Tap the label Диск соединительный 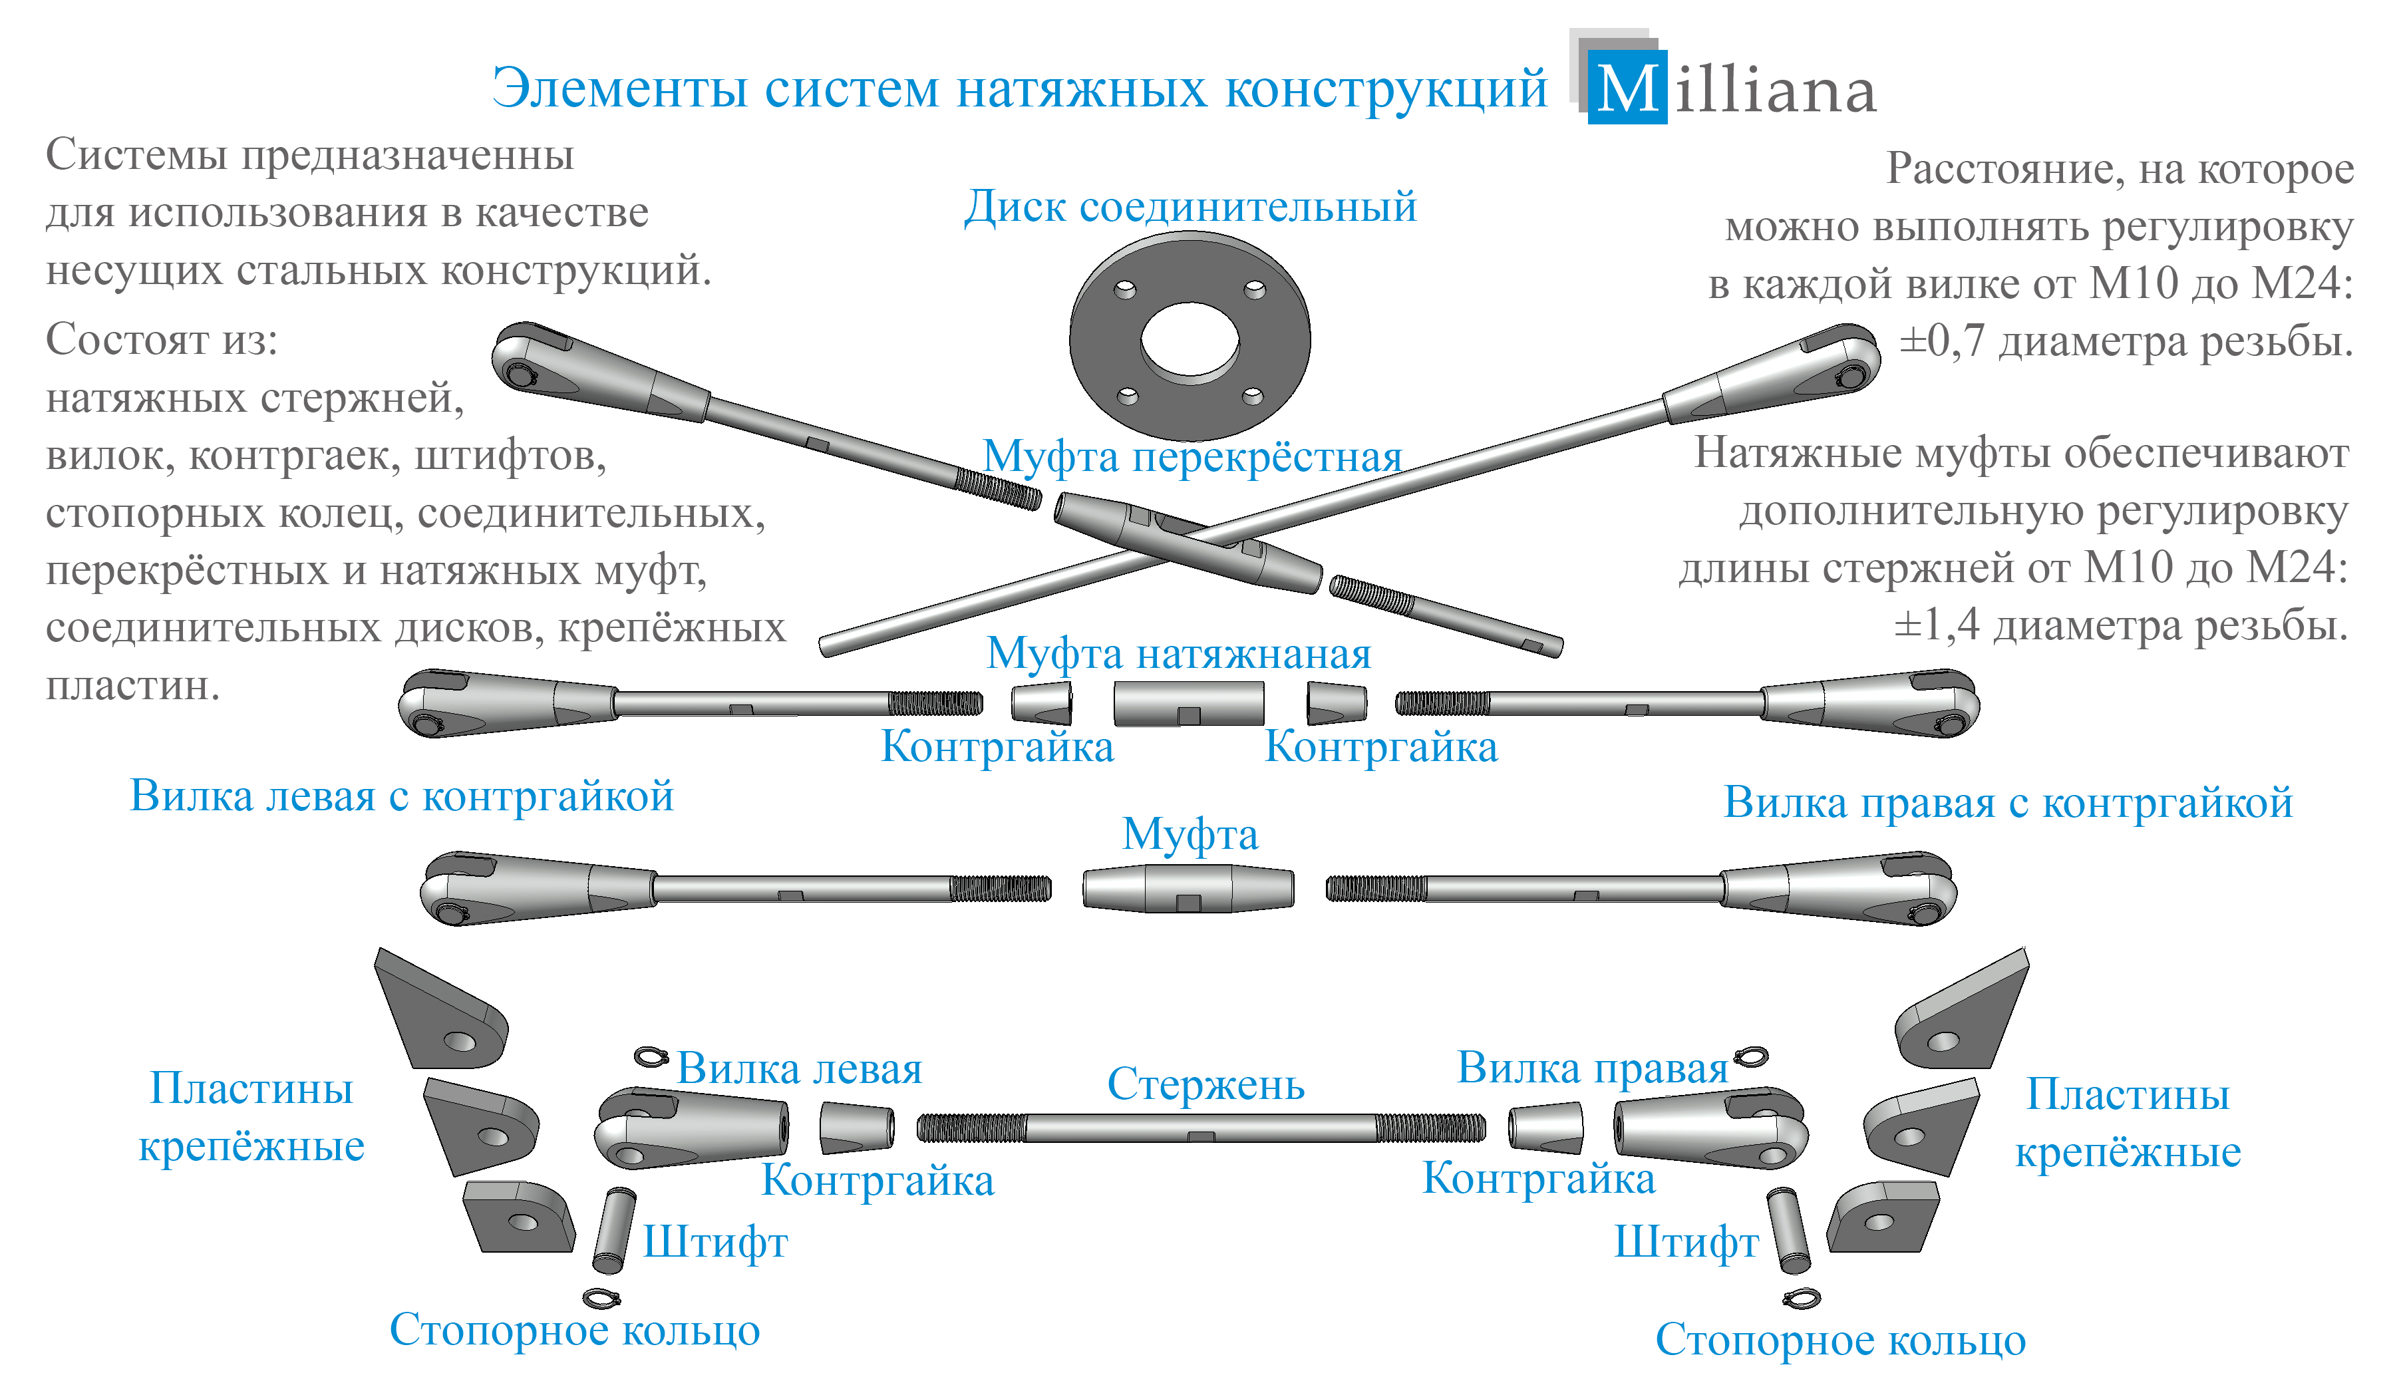(x=1190, y=206)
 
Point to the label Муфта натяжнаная (x=1178, y=654)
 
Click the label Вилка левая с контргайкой (x=401, y=796)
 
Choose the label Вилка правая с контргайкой (x=2007, y=803)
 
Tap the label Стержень (x=1205, y=1084)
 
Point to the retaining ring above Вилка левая (x=651, y=1057)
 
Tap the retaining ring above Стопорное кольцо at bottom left (x=601, y=1297)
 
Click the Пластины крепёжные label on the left (x=251, y=1118)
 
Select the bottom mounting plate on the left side (x=519, y=1217)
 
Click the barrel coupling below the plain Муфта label (x=1188, y=889)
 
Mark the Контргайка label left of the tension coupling (x=997, y=747)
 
